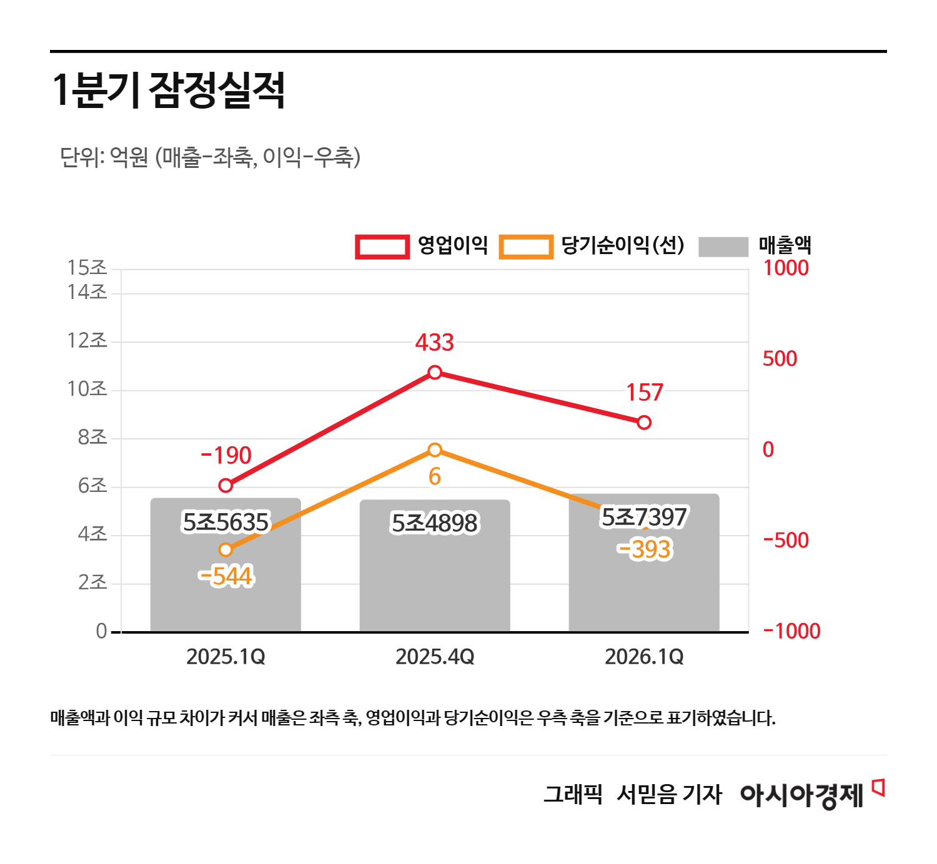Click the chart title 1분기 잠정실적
(168, 91)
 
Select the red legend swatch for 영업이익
(382, 247)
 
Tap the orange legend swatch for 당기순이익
(526, 247)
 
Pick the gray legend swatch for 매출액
(723, 247)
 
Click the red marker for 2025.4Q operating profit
(435, 373)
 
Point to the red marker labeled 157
(644, 423)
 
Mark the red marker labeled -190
(226, 486)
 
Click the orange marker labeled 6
(435, 450)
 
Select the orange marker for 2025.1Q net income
(226, 550)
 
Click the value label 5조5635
(226, 522)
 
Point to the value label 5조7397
(644, 517)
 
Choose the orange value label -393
(644, 549)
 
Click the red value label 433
(435, 342)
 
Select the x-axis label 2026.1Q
(644, 657)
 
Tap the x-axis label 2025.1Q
(226, 657)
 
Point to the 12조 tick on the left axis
(87, 341)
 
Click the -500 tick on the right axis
(786, 540)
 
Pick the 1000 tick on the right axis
(786, 268)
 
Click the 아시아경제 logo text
(802, 795)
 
